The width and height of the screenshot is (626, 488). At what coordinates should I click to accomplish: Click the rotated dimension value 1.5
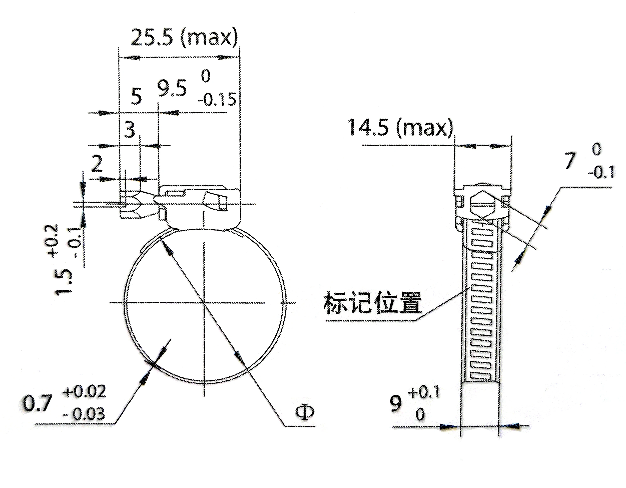pos(65,282)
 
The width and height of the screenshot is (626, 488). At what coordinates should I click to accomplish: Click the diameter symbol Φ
pos(304,412)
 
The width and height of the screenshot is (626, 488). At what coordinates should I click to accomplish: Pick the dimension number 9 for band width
pos(396,404)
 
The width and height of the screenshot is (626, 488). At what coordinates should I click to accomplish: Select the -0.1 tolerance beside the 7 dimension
pos(601,173)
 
